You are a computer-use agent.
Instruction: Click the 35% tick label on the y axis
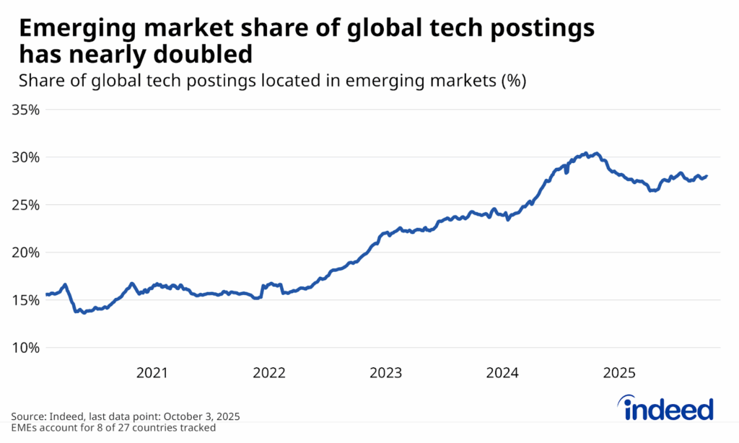tap(25, 110)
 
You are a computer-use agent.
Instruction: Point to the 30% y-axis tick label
tap(25, 157)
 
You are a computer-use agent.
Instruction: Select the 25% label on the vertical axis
tap(25, 205)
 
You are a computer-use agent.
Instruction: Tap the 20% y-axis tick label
tap(25, 253)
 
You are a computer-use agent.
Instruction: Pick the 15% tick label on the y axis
tap(25, 300)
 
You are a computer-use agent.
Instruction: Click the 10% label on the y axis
tap(25, 348)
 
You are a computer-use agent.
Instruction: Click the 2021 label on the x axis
tap(152, 373)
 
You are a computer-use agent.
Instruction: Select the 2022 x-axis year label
tap(269, 373)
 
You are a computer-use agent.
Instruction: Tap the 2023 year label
tap(386, 373)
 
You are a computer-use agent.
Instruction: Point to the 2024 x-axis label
tap(502, 373)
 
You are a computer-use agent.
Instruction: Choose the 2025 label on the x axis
tap(619, 373)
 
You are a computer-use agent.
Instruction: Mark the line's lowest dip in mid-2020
tap(84, 312)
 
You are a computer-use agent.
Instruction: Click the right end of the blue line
tap(707, 176)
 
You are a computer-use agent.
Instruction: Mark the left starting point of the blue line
tap(46, 294)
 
